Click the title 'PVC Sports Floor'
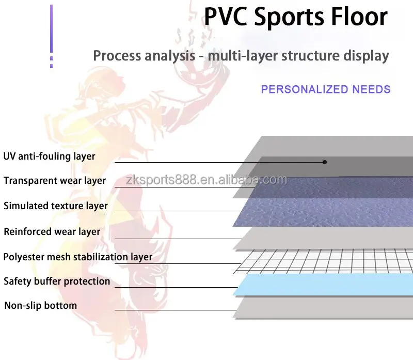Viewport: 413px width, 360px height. coord(295,17)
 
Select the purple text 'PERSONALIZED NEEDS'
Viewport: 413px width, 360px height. coord(325,89)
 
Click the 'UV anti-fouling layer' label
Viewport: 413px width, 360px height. coord(50,156)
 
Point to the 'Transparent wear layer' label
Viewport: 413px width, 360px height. coord(55,181)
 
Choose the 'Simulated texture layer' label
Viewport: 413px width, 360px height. coord(56,206)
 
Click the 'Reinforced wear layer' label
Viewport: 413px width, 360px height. coord(52,231)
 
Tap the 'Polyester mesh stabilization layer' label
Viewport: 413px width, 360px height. coord(78,257)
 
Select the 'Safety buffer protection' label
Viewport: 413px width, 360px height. coord(57,281)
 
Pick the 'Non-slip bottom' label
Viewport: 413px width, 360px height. coord(41,306)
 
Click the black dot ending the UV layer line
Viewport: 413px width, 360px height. coord(325,162)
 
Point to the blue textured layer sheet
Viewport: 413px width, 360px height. coord(330,204)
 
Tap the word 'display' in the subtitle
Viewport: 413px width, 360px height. coord(363,56)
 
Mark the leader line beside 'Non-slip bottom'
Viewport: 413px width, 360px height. coord(176,310)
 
